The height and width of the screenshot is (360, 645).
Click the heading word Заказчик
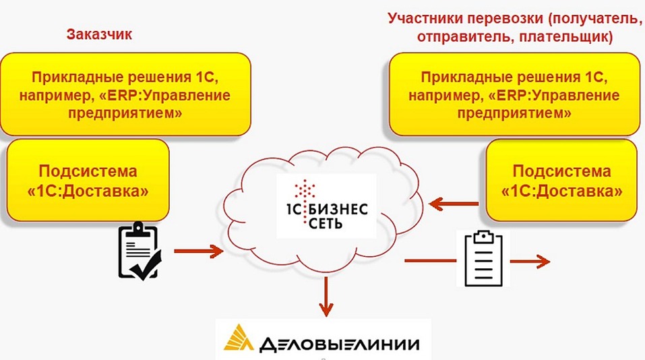(x=99, y=34)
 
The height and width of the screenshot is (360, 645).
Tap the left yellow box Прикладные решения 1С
(x=125, y=94)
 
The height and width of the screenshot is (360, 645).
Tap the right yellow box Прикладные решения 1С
(x=514, y=94)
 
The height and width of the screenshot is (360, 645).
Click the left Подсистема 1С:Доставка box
(x=88, y=181)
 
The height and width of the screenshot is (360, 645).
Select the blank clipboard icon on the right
(x=483, y=258)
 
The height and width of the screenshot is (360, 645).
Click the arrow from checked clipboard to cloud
(x=198, y=251)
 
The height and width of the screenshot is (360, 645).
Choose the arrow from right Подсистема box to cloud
(x=455, y=202)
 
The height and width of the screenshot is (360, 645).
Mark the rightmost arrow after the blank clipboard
(x=535, y=262)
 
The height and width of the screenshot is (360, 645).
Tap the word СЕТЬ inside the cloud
(x=327, y=223)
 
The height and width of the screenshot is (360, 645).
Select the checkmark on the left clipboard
(x=145, y=267)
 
